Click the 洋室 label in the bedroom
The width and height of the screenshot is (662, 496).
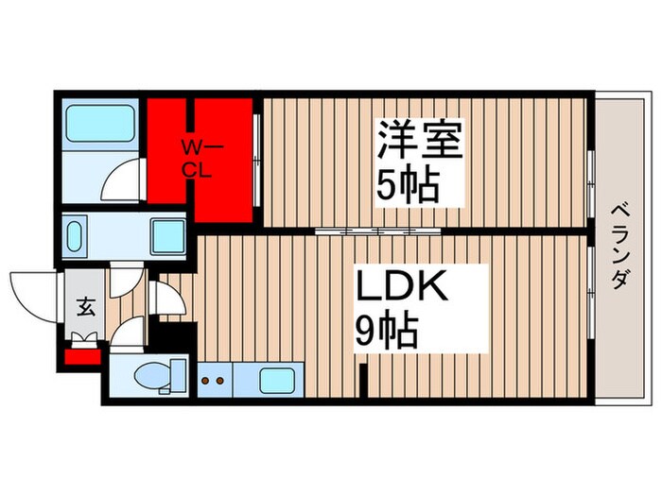[421, 142]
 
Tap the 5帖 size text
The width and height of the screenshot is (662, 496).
[409, 183]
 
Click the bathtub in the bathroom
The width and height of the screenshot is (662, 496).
[101, 123]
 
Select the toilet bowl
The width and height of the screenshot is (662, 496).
[151, 377]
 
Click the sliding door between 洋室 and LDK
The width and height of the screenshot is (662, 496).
[369, 230]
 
